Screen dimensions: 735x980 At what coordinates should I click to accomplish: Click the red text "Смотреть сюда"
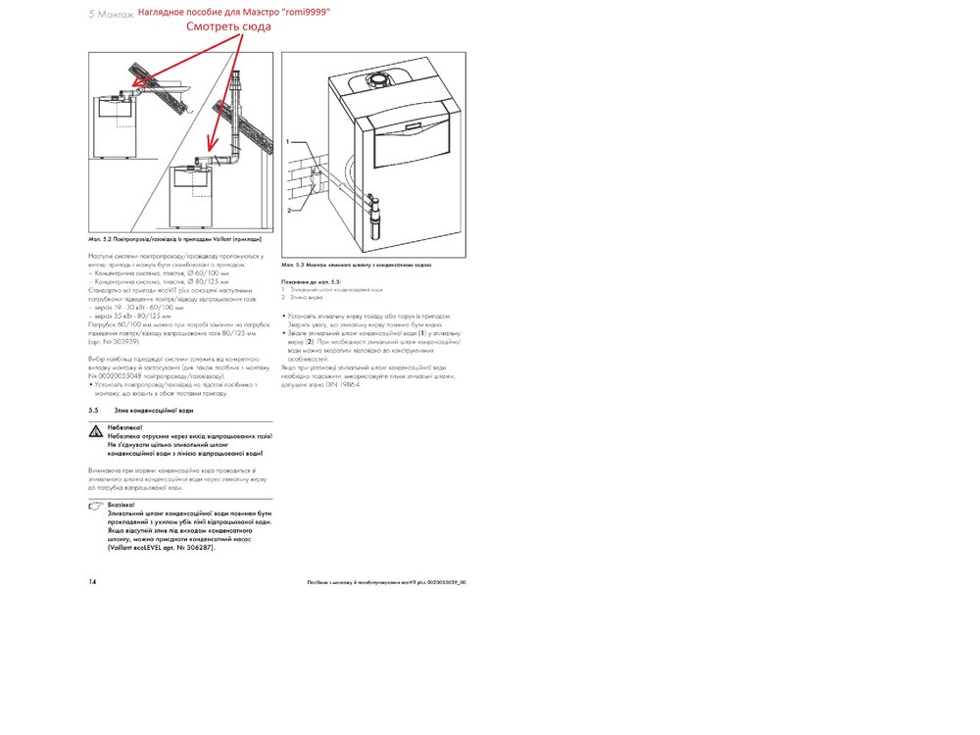(228, 27)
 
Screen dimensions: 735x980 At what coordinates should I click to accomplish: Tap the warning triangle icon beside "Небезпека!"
(95, 431)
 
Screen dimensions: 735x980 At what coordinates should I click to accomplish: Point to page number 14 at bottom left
(92, 581)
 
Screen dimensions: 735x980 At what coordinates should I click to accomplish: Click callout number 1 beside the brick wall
(289, 142)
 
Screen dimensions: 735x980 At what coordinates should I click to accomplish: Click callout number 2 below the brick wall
(289, 211)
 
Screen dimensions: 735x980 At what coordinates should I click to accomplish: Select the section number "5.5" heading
(94, 410)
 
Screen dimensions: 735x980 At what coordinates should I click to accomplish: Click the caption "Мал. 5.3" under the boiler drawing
(292, 265)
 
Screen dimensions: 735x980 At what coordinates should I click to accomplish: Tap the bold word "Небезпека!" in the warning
(124, 428)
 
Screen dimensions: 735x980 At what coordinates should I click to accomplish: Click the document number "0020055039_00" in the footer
(444, 582)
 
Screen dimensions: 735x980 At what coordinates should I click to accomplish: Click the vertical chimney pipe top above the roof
(237, 83)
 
